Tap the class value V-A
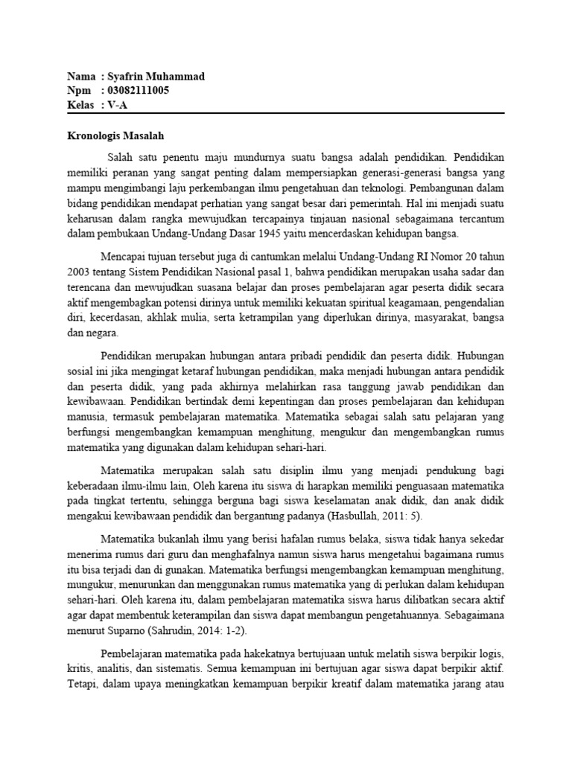pos(118,105)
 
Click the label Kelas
pos(80,105)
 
